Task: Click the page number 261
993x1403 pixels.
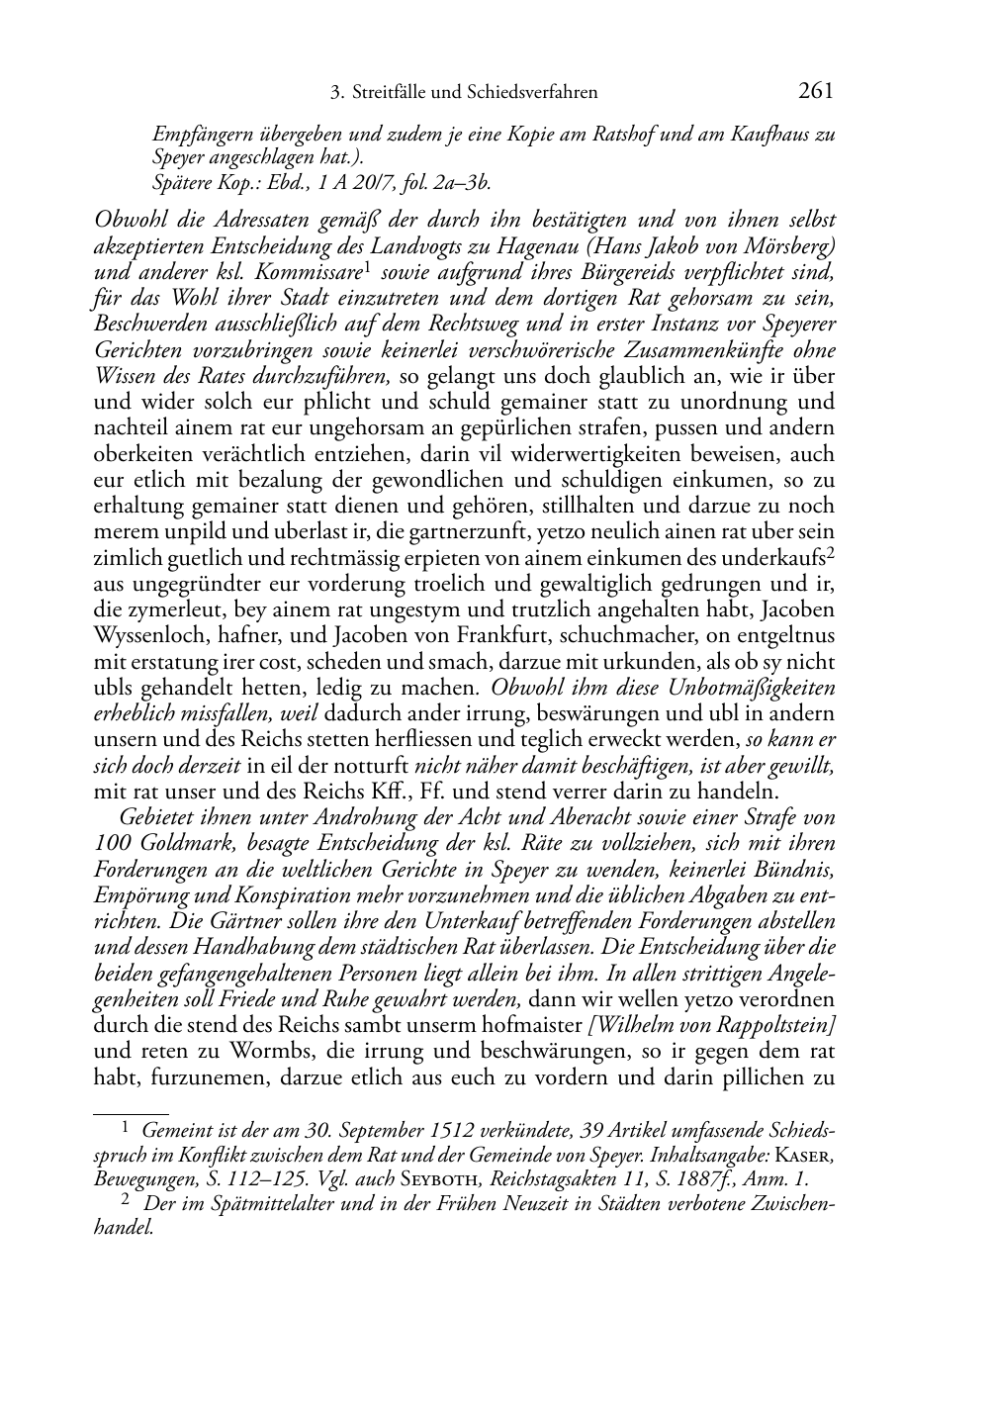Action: [815, 92]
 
